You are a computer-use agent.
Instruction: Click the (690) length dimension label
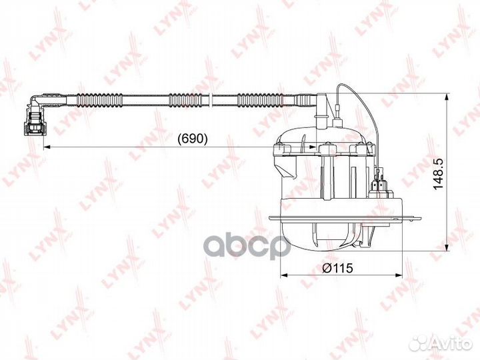(x=194, y=139)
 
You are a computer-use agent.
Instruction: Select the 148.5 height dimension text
(x=437, y=175)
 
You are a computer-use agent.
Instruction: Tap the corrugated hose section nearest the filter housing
(x=263, y=101)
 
